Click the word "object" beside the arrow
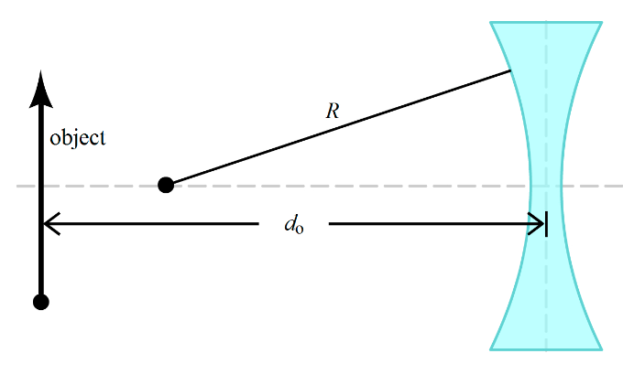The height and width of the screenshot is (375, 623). pos(78,139)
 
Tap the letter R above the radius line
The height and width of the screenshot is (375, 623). pos(333,112)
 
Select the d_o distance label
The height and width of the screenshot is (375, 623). pos(294,224)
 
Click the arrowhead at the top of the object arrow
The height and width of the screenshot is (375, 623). pos(40,85)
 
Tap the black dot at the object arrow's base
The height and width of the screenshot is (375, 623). pos(40,302)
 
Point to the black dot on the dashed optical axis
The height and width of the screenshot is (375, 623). pos(166,185)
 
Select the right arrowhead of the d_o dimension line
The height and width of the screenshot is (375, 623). pos(538,223)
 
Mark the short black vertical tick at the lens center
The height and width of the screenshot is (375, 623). pos(547,223)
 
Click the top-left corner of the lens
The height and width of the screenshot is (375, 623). pos(491,22)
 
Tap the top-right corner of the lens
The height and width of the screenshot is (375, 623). pos(602,22)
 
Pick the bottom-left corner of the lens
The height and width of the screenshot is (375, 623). pos(491,349)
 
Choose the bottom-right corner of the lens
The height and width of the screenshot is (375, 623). pos(602,349)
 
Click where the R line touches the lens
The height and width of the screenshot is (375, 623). pos(510,71)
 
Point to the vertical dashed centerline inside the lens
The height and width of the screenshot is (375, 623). pos(547,110)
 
